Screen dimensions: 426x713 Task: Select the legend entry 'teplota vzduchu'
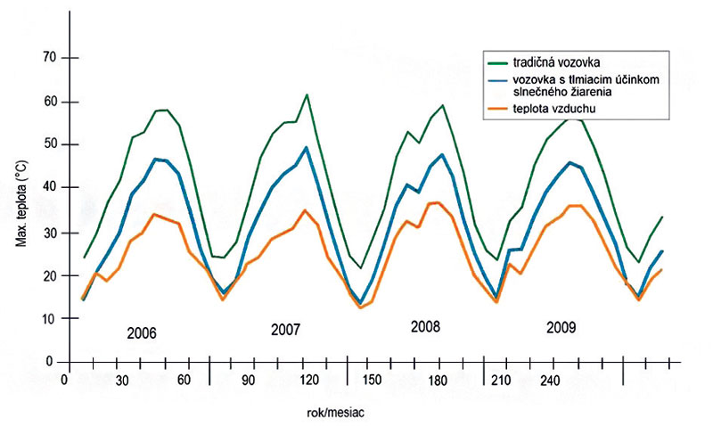pyautogui.click(x=553, y=109)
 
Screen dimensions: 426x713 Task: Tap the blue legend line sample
pyautogui.click(x=498, y=80)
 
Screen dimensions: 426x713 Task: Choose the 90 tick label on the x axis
pyautogui.click(x=250, y=381)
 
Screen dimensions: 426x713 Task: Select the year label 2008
pyautogui.click(x=425, y=326)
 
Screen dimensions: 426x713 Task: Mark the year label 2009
pyautogui.click(x=560, y=327)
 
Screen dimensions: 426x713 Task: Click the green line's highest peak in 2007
pyautogui.click(x=307, y=94)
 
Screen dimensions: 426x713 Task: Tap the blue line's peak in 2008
pyautogui.click(x=443, y=154)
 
